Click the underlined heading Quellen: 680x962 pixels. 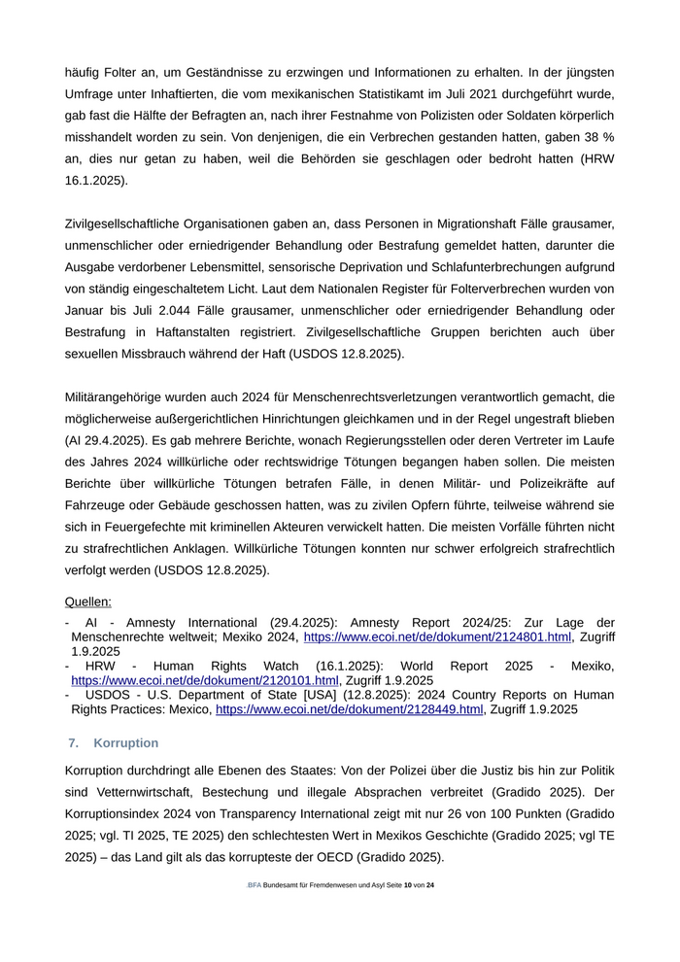87,601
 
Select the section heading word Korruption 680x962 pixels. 126,743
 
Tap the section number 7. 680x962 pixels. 73,743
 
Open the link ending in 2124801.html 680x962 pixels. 437,636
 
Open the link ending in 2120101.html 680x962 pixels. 205,680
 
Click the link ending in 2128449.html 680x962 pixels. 349,709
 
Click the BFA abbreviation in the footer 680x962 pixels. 254,885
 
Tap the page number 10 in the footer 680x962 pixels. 408,885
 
